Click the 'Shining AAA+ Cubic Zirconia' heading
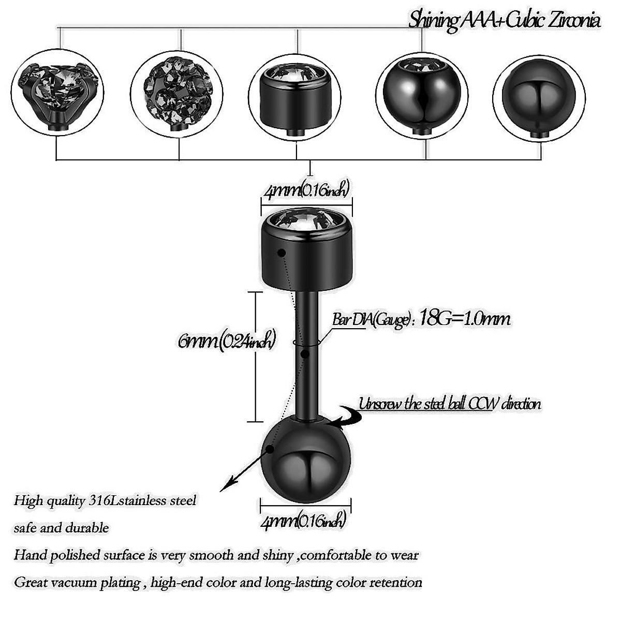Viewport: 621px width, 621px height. tap(504, 20)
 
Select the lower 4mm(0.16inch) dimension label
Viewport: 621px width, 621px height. tap(304, 520)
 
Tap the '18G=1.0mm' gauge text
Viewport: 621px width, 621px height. tap(464, 318)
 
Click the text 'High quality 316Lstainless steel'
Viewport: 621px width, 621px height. tap(105, 500)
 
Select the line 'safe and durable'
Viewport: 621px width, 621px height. tap(61, 528)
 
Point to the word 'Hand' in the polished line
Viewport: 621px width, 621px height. tap(27, 555)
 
